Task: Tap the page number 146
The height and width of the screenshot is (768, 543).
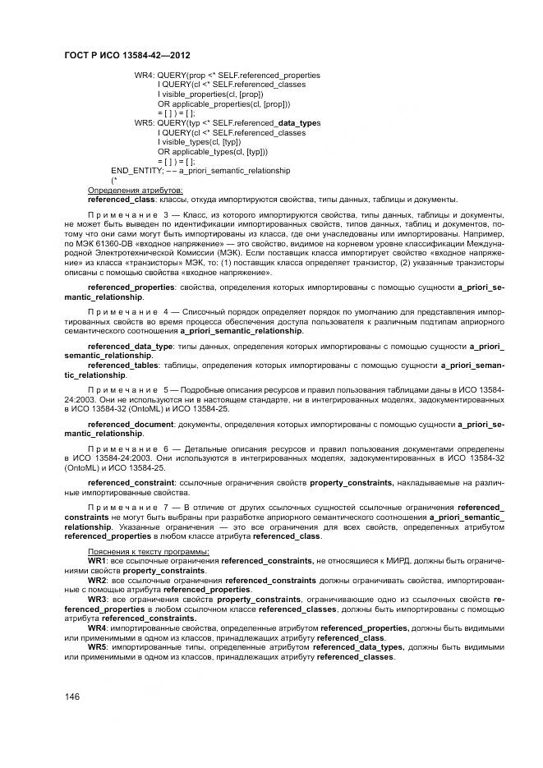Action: point(73,697)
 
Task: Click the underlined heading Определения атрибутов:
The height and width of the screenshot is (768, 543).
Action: point(136,190)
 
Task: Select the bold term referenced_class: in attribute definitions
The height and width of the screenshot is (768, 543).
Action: point(122,200)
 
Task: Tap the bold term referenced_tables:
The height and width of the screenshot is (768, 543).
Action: point(124,365)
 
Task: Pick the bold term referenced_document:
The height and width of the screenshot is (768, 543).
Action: point(131,424)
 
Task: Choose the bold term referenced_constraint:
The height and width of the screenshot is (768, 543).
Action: point(131,483)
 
